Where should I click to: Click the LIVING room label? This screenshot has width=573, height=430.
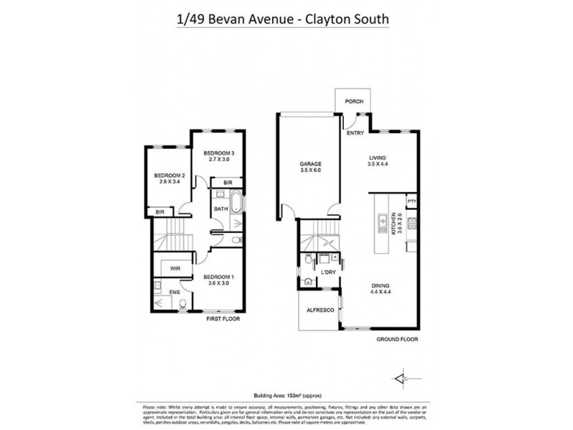[377, 161]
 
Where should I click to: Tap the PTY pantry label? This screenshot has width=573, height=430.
[412, 202]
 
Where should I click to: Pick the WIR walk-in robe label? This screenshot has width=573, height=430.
[174, 268]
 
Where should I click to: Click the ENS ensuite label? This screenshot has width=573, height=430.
[174, 293]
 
